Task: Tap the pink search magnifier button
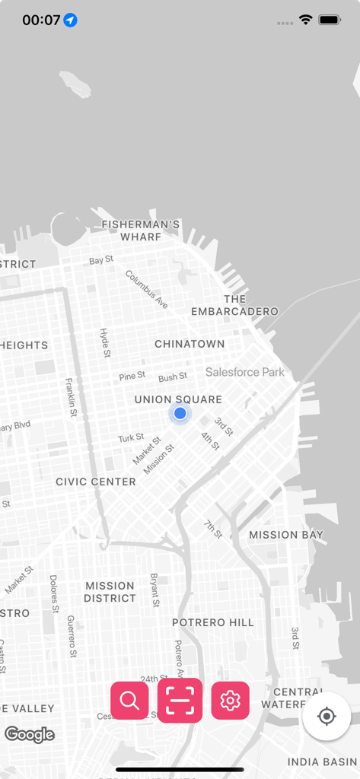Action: (x=129, y=700)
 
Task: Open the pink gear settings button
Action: (x=230, y=700)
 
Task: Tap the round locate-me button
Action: (x=327, y=716)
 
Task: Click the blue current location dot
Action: (x=180, y=413)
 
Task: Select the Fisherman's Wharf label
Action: (x=141, y=231)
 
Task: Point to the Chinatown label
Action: (x=190, y=344)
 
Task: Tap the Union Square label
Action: (x=178, y=399)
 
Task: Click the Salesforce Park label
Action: (x=245, y=372)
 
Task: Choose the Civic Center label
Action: (x=96, y=482)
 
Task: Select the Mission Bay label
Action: (x=286, y=535)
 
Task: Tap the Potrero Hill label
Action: (x=213, y=622)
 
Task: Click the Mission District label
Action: (x=110, y=592)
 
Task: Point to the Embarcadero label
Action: (x=234, y=305)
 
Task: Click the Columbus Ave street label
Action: (x=147, y=289)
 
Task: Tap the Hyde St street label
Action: (x=105, y=343)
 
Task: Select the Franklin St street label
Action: (x=71, y=397)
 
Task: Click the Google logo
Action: (x=30, y=734)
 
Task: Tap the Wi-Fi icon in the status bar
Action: (x=306, y=20)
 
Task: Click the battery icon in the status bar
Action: (x=330, y=20)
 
